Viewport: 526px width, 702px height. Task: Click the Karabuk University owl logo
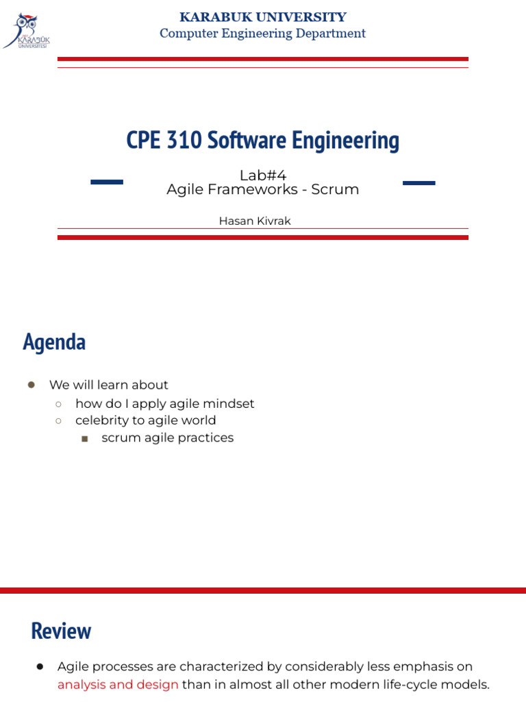(x=27, y=30)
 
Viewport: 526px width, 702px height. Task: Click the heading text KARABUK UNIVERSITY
(x=262, y=17)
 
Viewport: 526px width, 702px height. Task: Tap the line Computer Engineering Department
(x=262, y=34)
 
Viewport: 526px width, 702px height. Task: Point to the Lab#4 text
(x=262, y=175)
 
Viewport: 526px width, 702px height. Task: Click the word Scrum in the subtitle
(x=335, y=190)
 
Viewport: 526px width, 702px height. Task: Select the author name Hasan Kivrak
(x=255, y=221)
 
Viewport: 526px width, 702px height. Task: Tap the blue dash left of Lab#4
(x=107, y=182)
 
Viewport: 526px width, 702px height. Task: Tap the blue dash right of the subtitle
(x=418, y=183)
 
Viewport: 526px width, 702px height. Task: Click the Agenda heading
(x=54, y=342)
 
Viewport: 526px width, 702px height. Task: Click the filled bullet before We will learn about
(x=31, y=385)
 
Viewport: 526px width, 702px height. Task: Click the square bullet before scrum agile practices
(x=84, y=438)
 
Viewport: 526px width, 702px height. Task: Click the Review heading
(x=61, y=631)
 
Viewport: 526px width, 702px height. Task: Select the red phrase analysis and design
(x=118, y=684)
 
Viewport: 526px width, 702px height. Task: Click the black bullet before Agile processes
(x=40, y=666)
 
